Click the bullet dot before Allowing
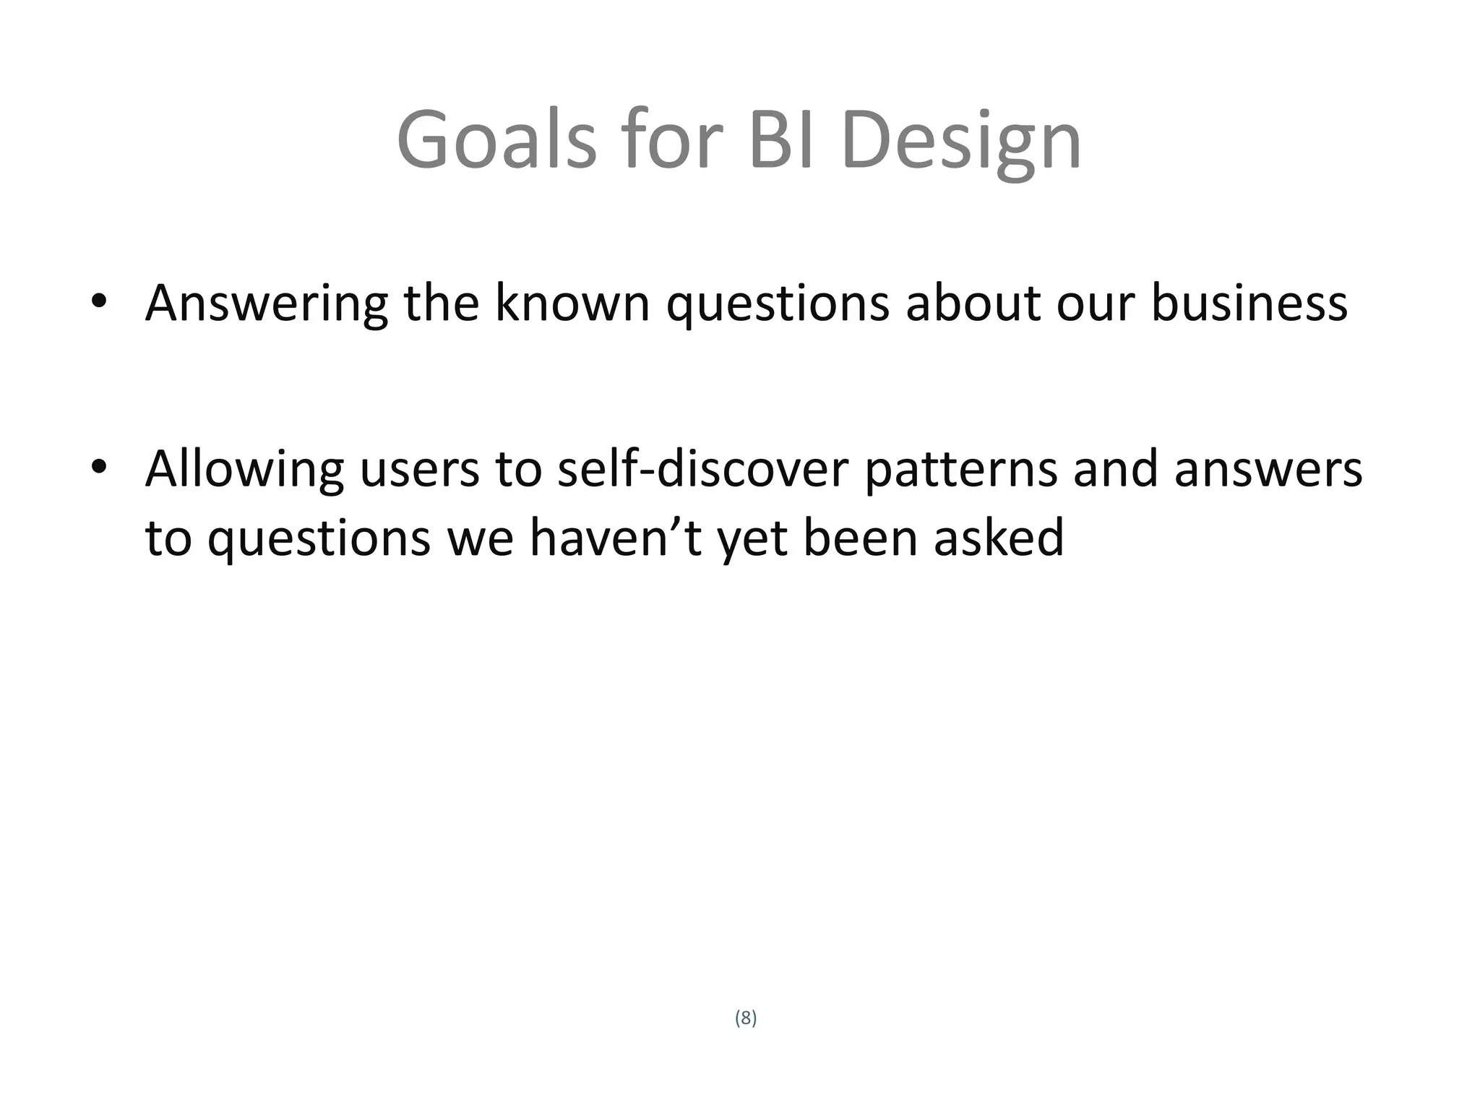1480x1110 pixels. pyautogui.click(x=99, y=468)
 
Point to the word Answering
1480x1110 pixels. pyautogui.click(x=266, y=304)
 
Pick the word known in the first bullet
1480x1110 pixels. pyautogui.click(x=572, y=303)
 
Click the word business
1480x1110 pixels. pyautogui.click(x=1249, y=303)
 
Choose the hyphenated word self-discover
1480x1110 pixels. pyautogui.click(x=702, y=469)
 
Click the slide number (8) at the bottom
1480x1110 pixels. pyautogui.click(x=746, y=1018)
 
